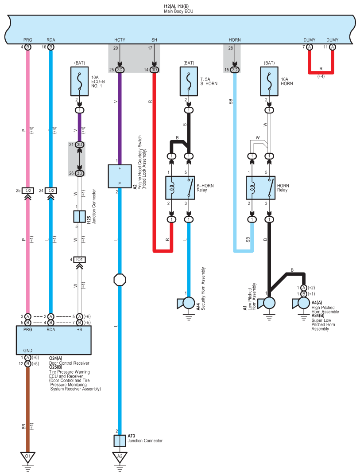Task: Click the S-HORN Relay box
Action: [x=180, y=188]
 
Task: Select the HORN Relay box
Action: [x=260, y=188]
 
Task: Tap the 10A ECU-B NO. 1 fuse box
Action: [x=79, y=82]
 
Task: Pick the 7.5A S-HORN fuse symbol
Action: [x=189, y=82]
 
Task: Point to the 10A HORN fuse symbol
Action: [x=269, y=82]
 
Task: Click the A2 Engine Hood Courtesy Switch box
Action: [x=120, y=176]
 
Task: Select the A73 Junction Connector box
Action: [x=120, y=441]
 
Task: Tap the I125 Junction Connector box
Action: [x=79, y=217]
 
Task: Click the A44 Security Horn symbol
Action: [x=186, y=303]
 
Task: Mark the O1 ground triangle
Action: [x=28, y=457]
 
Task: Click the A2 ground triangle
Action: [x=120, y=457]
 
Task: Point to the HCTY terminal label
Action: [x=120, y=40]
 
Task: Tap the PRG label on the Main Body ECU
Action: [x=27, y=40]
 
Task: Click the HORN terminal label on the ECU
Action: [x=235, y=40]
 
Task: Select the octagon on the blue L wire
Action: [x=120, y=280]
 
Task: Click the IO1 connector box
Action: [x=79, y=260]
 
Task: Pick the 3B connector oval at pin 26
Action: [x=79, y=173]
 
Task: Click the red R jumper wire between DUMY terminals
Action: [x=321, y=73]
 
